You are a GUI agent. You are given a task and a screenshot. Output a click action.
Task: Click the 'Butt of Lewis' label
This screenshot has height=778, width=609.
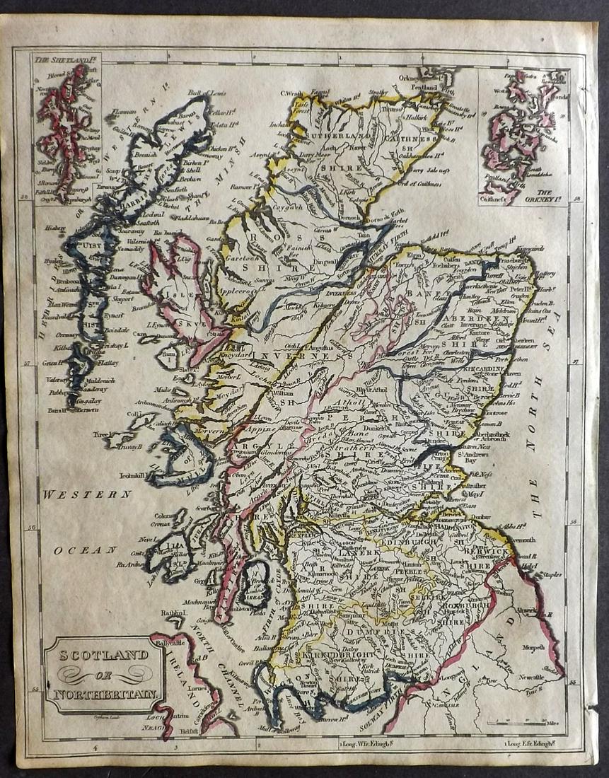point(207,93)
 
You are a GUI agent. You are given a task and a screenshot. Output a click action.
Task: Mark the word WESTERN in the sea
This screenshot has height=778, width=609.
point(86,494)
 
